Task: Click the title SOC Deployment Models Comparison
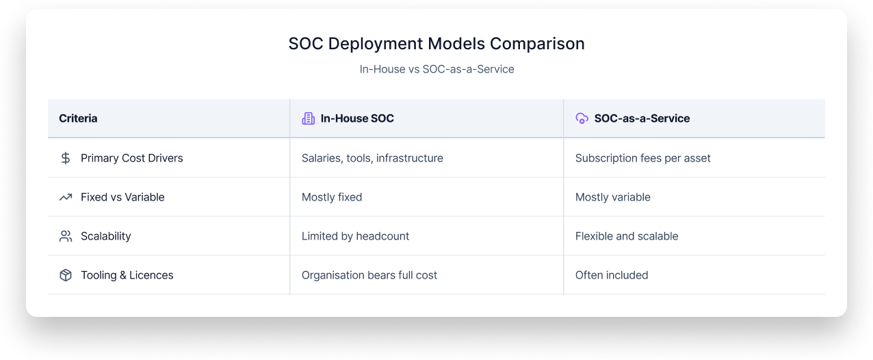(436, 44)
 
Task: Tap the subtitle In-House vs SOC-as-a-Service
(436, 69)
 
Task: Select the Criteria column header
(78, 118)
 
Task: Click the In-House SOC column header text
(357, 118)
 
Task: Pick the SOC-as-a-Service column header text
(642, 118)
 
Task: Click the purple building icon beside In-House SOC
(309, 118)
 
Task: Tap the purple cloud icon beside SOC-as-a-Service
(582, 118)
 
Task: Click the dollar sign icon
(66, 158)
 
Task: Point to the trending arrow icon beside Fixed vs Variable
(66, 197)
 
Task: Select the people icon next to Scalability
(66, 236)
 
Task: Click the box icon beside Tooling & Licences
(66, 275)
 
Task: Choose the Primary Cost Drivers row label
(132, 158)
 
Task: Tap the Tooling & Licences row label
(127, 275)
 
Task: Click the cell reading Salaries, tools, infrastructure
(372, 158)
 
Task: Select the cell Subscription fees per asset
(642, 158)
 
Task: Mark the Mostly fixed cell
(332, 197)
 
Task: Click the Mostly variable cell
(612, 197)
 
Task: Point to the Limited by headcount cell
(355, 236)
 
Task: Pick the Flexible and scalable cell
(627, 236)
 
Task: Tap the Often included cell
(612, 275)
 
